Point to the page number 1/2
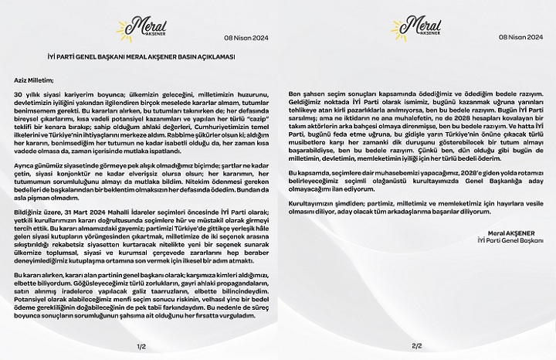point(140,345)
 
